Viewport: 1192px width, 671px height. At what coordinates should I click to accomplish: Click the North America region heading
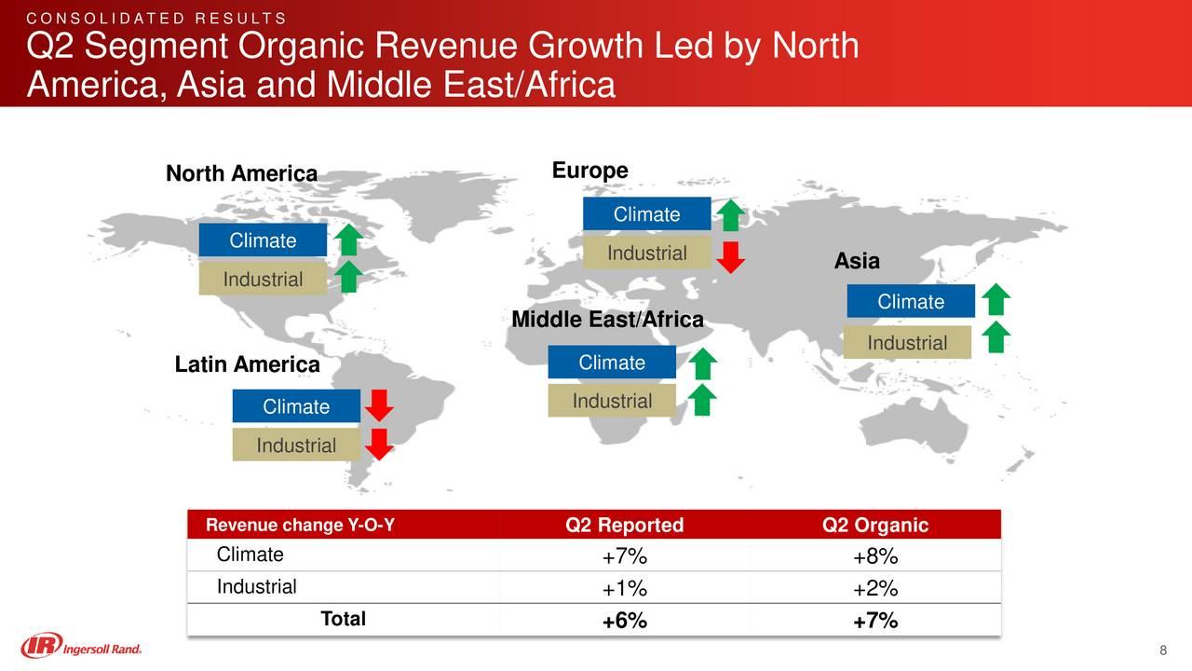coord(241,174)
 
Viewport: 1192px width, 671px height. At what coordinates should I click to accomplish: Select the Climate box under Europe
coord(646,214)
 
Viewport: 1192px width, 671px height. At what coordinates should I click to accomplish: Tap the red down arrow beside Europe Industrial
coord(732,257)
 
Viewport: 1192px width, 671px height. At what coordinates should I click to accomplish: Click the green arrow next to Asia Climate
coord(996,300)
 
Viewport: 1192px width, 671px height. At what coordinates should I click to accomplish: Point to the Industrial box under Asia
coord(907,343)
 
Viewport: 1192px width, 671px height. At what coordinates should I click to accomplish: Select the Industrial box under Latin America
coord(296,445)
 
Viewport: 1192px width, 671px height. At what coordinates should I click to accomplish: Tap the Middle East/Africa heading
coord(607,321)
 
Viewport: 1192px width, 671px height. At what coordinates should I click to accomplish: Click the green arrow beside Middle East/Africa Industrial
coord(704,401)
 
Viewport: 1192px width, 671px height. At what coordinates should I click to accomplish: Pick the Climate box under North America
coord(263,240)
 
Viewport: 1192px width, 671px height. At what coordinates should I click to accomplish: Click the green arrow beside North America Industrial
coord(348,278)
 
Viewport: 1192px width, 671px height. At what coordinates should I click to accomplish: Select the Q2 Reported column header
coord(624,526)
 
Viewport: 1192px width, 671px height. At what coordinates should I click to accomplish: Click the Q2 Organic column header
coord(874,526)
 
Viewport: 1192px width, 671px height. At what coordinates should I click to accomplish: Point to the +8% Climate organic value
coord(874,557)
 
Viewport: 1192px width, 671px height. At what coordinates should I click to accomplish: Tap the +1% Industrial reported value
coord(624,589)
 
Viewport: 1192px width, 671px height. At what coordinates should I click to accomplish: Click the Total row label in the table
coord(343,619)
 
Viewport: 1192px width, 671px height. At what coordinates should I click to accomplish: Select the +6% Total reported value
coord(624,622)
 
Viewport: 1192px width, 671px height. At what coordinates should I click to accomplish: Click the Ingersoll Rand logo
coord(82,645)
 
